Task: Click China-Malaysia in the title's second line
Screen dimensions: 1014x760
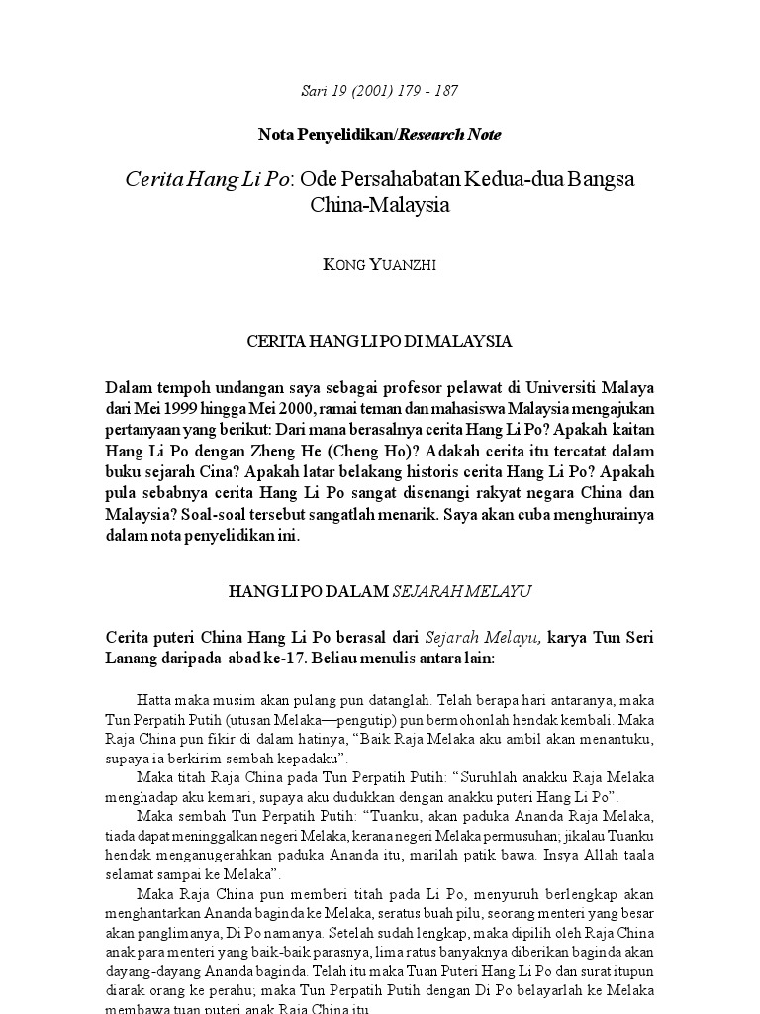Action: pos(380,207)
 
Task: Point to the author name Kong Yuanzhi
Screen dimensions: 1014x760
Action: pos(379,265)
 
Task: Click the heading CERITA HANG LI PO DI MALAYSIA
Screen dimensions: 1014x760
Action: pos(379,341)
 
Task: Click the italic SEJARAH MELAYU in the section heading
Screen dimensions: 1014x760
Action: pos(462,591)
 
